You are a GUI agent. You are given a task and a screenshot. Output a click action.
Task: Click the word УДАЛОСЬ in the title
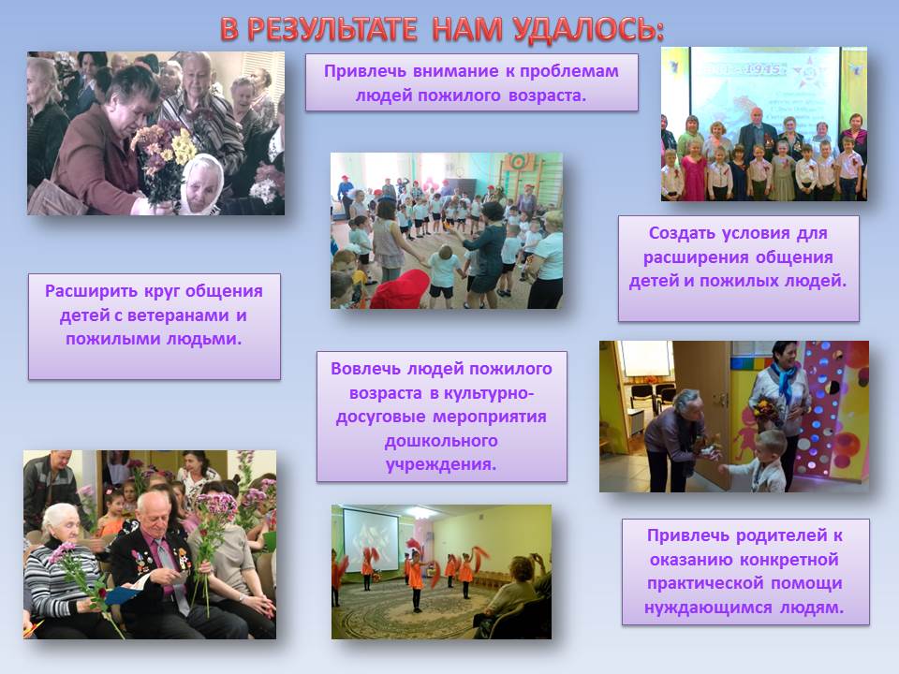click(x=589, y=29)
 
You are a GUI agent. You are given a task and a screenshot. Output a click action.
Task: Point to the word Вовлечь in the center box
click(x=366, y=369)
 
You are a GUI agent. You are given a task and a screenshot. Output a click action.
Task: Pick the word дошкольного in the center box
click(x=441, y=441)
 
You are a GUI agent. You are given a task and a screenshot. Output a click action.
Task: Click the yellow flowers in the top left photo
click(x=183, y=147)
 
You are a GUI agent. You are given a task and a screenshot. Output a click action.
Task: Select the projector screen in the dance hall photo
click(x=371, y=541)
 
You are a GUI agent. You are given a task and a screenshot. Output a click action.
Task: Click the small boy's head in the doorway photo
click(x=770, y=446)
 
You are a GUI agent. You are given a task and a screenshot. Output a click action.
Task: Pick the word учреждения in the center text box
click(x=441, y=464)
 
